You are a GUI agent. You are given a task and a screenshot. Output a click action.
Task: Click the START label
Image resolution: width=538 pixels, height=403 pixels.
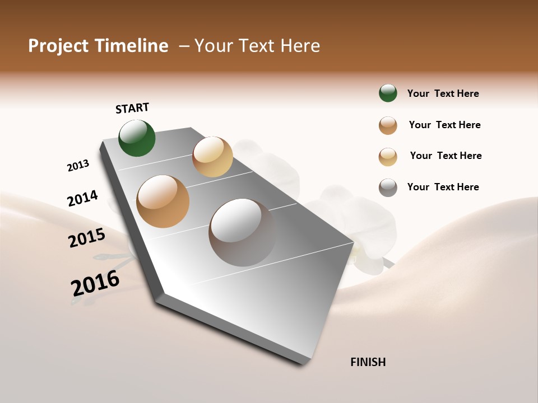(x=132, y=108)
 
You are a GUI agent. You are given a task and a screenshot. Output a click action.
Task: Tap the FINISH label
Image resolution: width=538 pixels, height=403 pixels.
(x=368, y=362)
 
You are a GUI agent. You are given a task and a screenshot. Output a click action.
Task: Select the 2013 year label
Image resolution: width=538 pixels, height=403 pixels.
(x=78, y=166)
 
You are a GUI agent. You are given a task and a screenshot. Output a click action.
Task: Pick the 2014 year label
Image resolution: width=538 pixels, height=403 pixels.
(x=82, y=199)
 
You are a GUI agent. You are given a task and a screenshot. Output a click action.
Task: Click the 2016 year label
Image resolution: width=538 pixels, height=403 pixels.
(x=95, y=283)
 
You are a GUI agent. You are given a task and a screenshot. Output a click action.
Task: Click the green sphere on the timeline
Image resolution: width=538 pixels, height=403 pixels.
(x=137, y=138)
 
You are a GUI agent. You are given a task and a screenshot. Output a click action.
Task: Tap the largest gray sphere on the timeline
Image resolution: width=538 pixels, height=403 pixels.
(x=243, y=232)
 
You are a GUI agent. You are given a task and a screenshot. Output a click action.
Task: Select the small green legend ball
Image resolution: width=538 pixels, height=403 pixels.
(x=388, y=93)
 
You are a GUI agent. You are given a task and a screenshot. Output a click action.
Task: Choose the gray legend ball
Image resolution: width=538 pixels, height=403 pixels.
(x=388, y=188)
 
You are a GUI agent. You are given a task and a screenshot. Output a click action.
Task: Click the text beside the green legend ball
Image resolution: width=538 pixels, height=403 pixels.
(x=443, y=93)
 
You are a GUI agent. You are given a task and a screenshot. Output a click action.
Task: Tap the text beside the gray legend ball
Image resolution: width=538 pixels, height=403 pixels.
(x=443, y=187)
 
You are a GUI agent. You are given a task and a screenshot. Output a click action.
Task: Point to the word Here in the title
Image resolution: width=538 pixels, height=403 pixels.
(x=300, y=46)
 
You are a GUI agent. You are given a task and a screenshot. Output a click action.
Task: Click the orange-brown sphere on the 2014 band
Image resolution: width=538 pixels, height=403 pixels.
(x=163, y=201)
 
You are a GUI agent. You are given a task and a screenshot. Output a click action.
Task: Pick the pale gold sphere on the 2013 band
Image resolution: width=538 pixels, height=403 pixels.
(x=212, y=157)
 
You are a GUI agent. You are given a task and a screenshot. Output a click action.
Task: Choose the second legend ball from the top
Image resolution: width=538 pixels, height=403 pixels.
(x=388, y=125)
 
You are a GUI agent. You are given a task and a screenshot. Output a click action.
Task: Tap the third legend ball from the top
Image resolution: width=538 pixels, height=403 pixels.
(x=388, y=157)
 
